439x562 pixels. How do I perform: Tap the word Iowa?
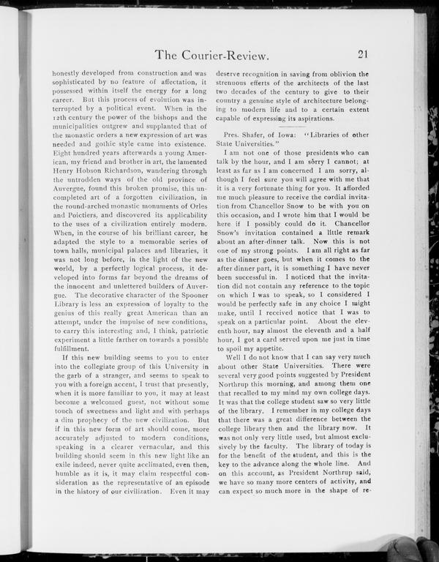click(292, 135)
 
